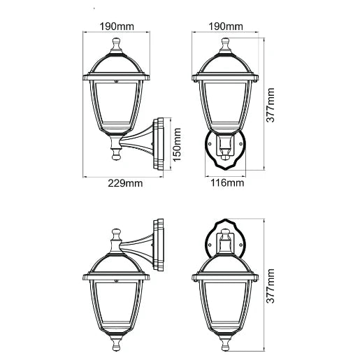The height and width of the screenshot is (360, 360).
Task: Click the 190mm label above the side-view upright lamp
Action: (117, 26)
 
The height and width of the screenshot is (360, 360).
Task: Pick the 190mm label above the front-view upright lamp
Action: (226, 26)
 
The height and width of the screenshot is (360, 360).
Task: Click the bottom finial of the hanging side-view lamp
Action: (116, 343)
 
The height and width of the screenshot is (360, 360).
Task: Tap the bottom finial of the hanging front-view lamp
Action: (226, 343)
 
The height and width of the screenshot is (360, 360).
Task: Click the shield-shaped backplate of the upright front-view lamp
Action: (226, 151)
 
